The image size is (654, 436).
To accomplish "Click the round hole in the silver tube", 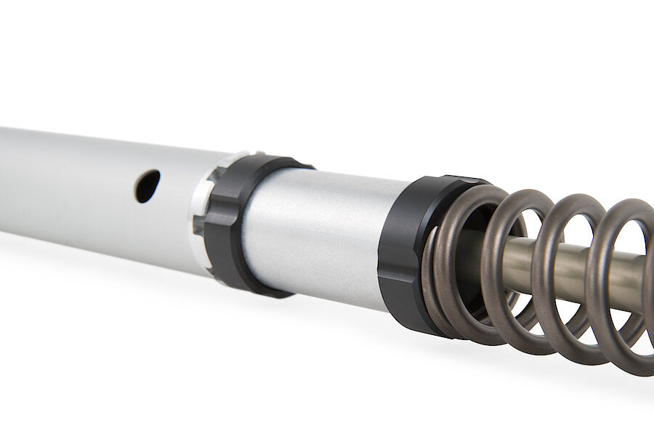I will click(x=147, y=186).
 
